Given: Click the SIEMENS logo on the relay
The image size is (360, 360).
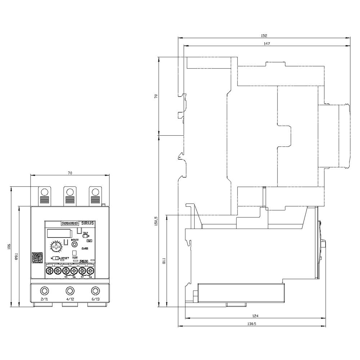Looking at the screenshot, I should click(x=70, y=223).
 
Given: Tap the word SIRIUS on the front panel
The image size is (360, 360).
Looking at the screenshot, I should click(x=87, y=223).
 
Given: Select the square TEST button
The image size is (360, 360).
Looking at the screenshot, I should click(x=75, y=253).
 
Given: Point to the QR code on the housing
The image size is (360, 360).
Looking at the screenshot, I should click(x=37, y=258).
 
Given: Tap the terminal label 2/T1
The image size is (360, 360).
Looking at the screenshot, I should click(x=44, y=300).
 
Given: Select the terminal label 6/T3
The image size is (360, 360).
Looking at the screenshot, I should click(x=95, y=300).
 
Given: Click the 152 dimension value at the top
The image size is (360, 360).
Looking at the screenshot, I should click(x=264, y=36).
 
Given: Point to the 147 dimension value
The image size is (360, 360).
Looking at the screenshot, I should click(x=266, y=43).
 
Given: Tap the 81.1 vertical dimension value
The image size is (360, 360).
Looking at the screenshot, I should click(x=164, y=261).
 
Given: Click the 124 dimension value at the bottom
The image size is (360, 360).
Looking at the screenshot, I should click(x=255, y=316).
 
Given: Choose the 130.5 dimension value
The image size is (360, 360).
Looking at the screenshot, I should click(x=252, y=324).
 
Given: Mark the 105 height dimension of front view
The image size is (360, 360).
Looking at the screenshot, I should click(x=9, y=247).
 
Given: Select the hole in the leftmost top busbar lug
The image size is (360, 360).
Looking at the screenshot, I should click(x=45, y=191).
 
